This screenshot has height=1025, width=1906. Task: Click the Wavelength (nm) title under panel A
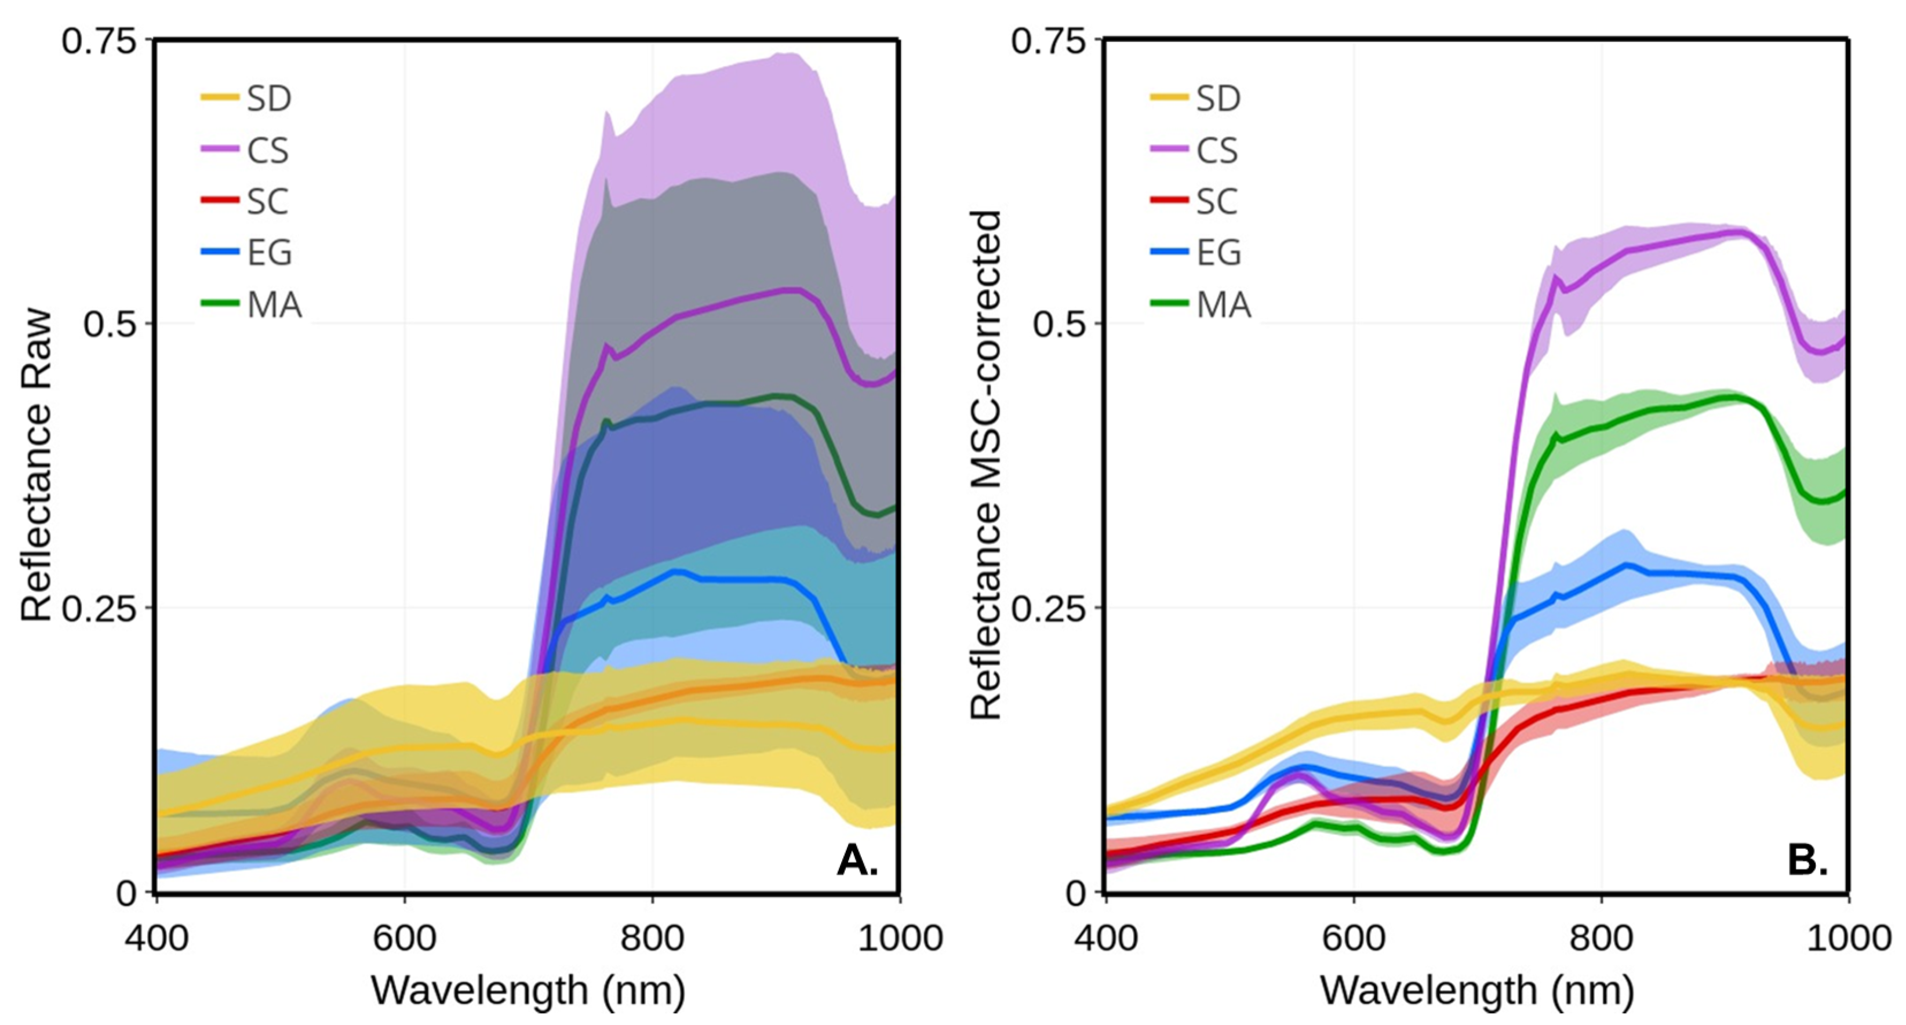click(528, 990)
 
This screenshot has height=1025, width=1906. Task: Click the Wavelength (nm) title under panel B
click(1477, 990)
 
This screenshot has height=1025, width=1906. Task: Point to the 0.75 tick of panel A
click(100, 41)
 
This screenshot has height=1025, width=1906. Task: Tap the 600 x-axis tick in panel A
click(404, 939)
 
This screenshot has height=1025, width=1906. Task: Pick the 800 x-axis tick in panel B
click(1601, 939)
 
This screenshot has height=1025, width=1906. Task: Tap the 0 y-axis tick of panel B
click(1077, 893)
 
